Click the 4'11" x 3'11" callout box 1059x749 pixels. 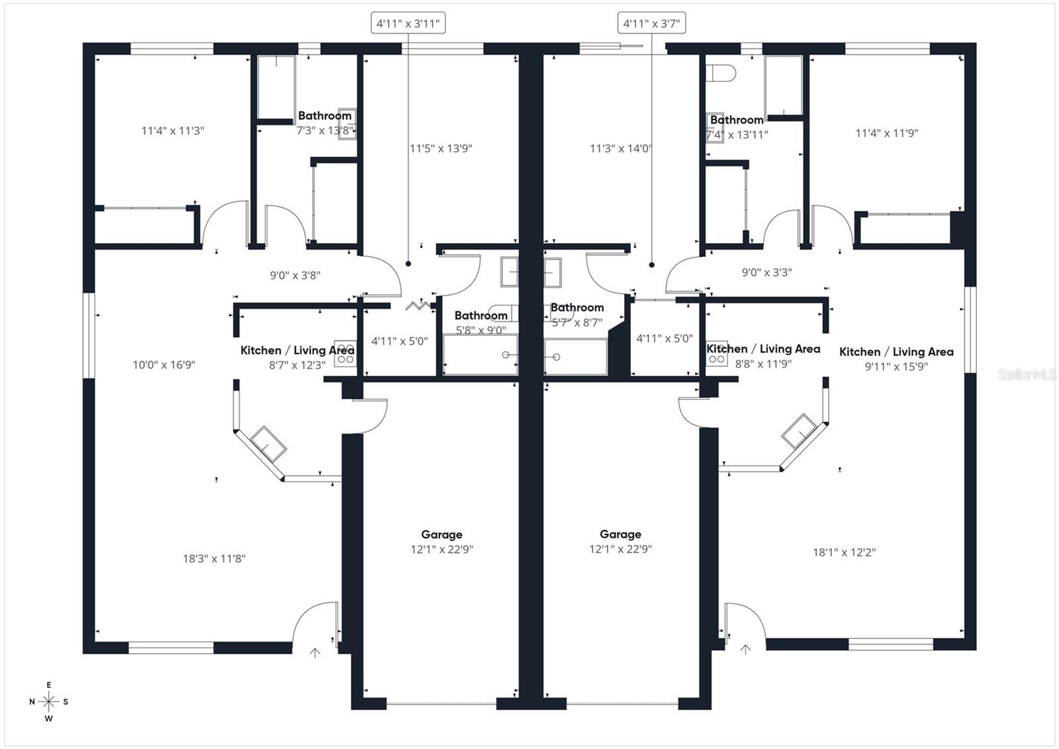tap(408, 24)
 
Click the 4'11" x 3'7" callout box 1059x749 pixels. tap(651, 24)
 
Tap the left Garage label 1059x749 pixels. tap(441, 534)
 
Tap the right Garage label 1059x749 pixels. tap(620, 534)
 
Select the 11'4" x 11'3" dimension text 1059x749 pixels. tap(172, 130)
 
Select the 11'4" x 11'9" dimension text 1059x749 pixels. tap(886, 133)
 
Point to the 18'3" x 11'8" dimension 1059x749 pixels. tap(214, 558)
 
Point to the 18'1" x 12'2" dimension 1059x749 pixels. tap(844, 552)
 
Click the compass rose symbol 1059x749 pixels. tap(48, 701)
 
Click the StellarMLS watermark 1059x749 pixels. tap(1027, 375)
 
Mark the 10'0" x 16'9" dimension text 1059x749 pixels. tap(163, 364)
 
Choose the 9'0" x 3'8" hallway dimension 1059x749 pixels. tap(295, 275)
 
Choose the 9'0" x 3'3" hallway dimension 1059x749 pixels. tap(766, 272)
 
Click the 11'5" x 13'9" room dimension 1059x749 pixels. tap(440, 148)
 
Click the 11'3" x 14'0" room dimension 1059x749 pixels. tap(620, 148)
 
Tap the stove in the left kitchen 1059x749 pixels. tap(345, 354)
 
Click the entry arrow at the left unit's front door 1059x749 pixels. tap(315, 653)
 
